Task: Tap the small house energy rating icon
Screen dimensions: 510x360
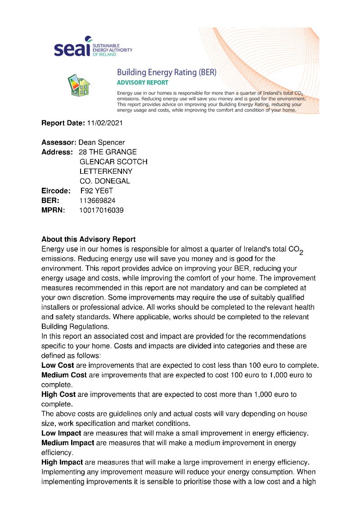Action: pos(78,84)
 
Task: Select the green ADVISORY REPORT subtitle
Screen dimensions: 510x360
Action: pos(142,83)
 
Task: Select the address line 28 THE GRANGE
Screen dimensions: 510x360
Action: pos(108,152)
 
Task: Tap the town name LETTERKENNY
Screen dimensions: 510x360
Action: pos(106,172)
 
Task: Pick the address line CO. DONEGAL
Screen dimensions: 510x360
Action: pos(104,181)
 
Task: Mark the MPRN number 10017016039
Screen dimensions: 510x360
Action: pos(101,210)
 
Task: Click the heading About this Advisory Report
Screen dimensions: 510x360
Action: pos(88,239)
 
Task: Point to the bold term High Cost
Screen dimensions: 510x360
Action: pos(58,394)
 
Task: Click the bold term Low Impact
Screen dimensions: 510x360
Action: pos(61,433)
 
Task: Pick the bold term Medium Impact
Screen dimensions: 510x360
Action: pos(67,443)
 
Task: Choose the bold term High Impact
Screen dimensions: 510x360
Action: pos(62,462)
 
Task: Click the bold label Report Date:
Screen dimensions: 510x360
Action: pos(63,123)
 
